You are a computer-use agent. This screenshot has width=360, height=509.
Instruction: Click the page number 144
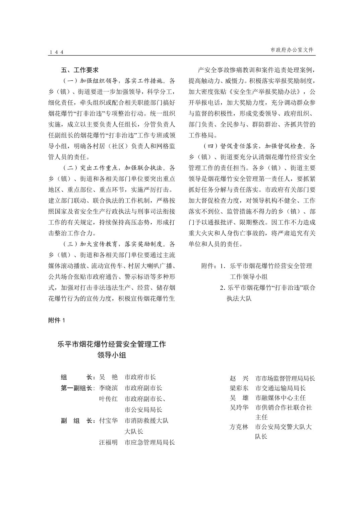click(56, 52)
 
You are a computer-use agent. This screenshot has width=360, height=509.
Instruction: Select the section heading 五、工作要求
click(80, 70)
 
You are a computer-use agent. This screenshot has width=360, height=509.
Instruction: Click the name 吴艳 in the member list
click(108, 377)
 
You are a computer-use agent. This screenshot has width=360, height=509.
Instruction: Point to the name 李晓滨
click(108, 388)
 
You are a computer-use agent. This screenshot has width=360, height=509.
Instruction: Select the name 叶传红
click(108, 399)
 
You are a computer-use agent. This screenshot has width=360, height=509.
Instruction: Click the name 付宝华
click(108, 421)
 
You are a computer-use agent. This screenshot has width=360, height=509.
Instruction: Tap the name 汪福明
click(108, 442)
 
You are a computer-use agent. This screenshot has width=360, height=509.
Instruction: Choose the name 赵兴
click(239, 378)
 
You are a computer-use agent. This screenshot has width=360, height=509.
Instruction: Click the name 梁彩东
click(239, 388)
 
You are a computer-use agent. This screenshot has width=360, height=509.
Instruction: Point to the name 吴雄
click(239, 398)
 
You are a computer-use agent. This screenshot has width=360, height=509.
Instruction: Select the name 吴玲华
click(239, 408)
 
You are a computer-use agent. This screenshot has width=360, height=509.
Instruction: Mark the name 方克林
click(239, 427)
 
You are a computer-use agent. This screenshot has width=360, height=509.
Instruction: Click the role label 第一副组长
click(77, 388)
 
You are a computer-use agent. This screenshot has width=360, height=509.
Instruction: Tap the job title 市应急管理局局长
click(149, 442)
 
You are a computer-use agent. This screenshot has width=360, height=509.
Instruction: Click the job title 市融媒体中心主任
click(280, 398)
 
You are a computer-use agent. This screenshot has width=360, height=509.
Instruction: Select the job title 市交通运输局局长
click(280, 388)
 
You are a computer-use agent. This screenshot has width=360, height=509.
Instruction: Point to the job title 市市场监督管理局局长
click(285, 378)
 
